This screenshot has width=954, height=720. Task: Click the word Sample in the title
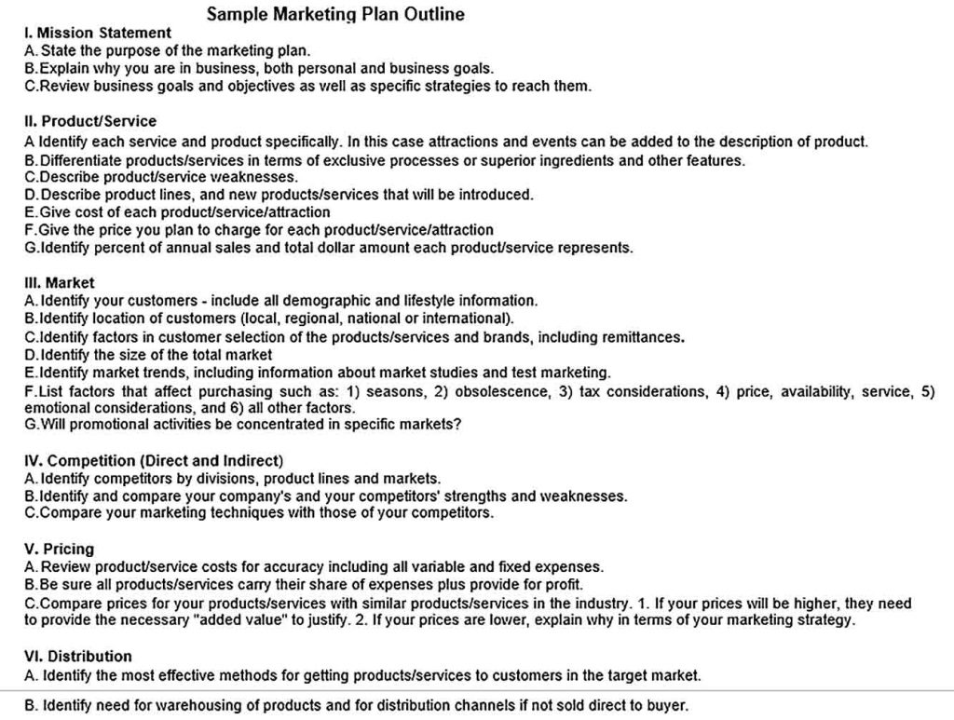coord(234,14)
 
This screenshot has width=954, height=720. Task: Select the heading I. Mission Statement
coord(97,33)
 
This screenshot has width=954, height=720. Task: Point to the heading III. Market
coord(59,282)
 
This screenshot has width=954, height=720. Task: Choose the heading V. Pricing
coord(59,549)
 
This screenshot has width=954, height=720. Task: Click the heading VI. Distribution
coord(77,656)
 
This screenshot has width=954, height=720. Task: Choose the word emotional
coord(54,408)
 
